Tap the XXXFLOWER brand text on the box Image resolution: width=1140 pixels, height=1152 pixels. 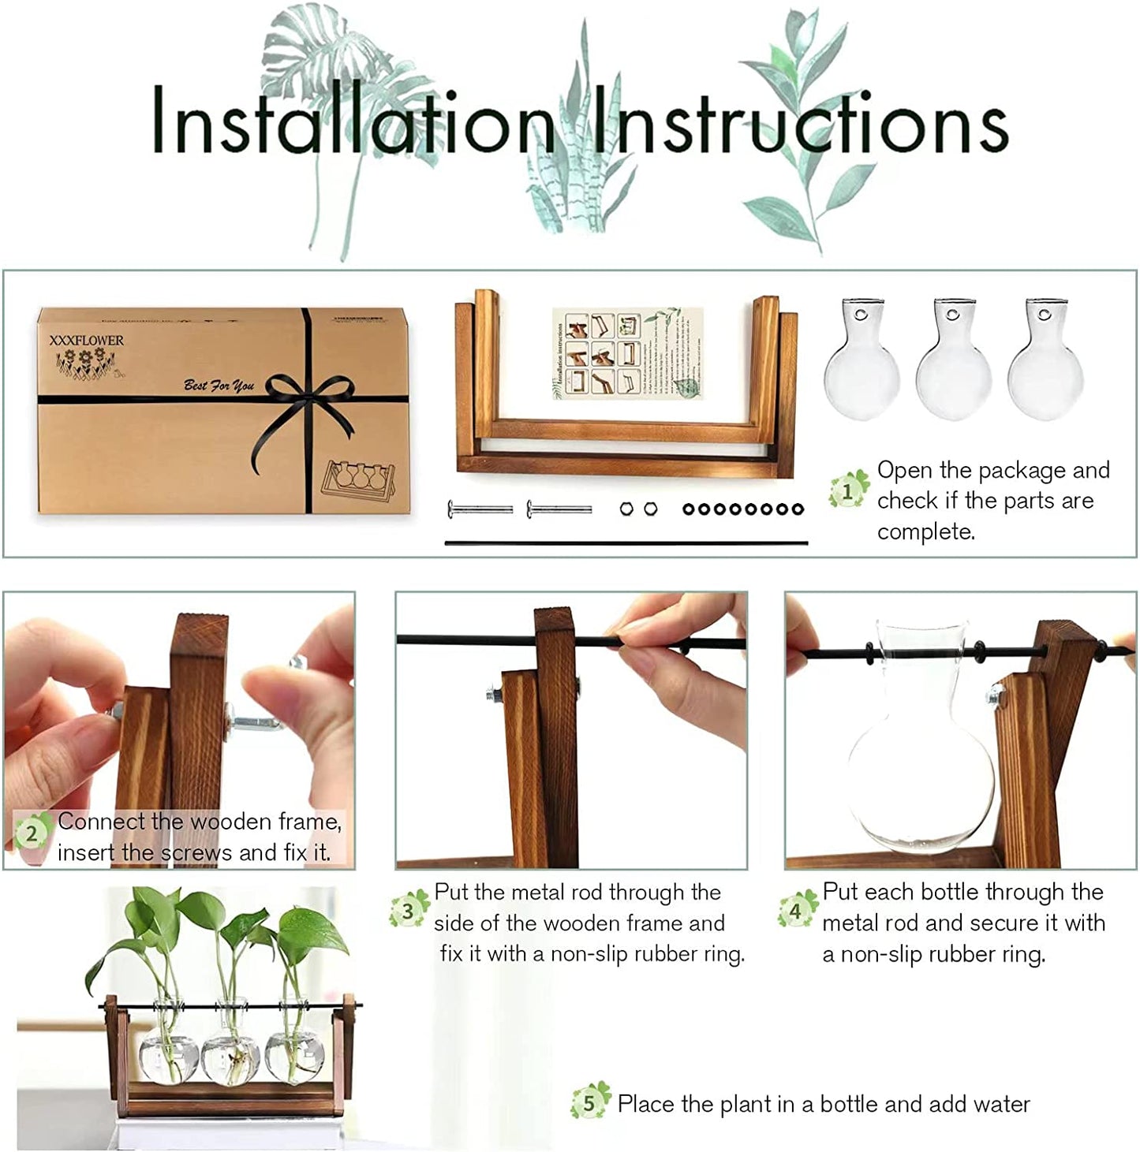pyautogui.click(x=86, y=341)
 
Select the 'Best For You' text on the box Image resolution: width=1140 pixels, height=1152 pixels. pyautogui.click(x=219, y=386)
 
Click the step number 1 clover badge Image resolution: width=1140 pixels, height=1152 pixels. pyautogui.click(x=848, y=491)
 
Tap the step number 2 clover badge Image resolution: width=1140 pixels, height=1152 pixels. pyautogui.click(x=32, y=834)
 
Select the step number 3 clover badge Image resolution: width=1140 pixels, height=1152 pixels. pyautogui.click(x=408, y=911)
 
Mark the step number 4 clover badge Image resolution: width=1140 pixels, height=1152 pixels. pyautogui.click(x=795, y=911)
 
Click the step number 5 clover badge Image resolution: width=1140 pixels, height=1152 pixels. pyautogui.click(x=589, y=1102)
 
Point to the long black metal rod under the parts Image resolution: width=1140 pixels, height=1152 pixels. pyautogui.click(x=626, y=542)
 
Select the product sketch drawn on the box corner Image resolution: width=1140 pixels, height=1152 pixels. pyautogui.click(x=358, y=480)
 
